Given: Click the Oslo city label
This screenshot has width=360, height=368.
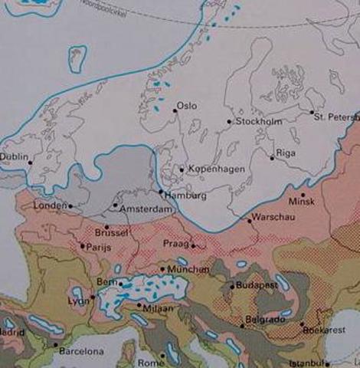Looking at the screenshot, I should (187, 106).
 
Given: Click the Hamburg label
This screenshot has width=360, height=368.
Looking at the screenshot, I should (181, 195).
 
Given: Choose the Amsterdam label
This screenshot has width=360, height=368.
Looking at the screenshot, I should (142, 209).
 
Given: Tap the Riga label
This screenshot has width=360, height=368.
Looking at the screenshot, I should (286, 153).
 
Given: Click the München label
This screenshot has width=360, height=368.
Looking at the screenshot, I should (189, 270).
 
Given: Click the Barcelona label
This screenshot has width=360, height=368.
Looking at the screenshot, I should (83, 351).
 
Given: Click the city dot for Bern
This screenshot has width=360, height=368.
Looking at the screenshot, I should (119, 284).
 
